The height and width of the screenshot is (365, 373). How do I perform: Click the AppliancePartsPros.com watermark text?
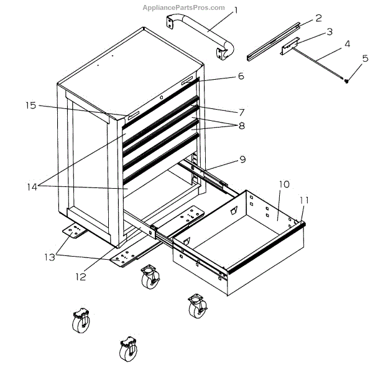[x=183, y=7]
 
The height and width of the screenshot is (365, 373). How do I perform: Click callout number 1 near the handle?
[x=236, y=10]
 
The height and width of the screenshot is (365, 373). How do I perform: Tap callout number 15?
[x=31, y=105]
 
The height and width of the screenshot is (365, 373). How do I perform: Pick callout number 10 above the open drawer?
[x=283, y=184]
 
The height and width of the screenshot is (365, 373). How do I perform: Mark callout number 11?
[x=305, y=200]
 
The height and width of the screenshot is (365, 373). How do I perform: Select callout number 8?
[x=241, y=125]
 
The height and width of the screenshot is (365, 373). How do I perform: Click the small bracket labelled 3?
[x=290, y=46]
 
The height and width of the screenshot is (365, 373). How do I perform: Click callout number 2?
[x=318, y=18]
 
